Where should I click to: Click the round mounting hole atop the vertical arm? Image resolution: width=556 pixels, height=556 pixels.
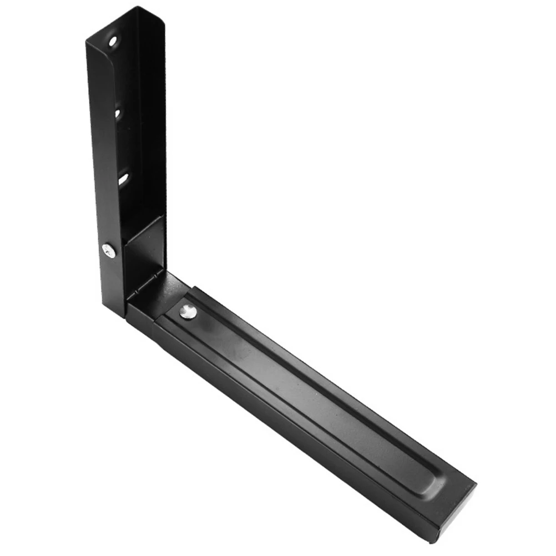click(x=113, y=41)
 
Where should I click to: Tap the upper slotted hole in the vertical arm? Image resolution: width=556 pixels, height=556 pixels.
click(x=118, y=113)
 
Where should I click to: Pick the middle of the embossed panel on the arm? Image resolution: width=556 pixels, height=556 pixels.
click(x=311, y=388)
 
